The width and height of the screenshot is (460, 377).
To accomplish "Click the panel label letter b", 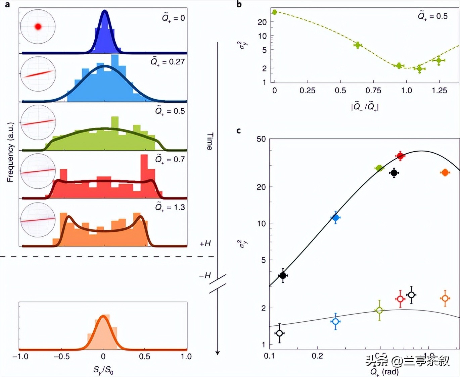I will pyautogui.click(x=239, y=4).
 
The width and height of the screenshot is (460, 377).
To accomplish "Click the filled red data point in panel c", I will pyautogui.click(x=400, y=156).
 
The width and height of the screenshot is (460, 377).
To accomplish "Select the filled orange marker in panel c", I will pyautogui.click(x=445, y=172).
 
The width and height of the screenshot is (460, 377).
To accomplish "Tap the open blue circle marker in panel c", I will pyautogui.click(x=335, y=321).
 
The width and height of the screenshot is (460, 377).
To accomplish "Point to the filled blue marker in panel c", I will pyautogui.click(x=335, y=218).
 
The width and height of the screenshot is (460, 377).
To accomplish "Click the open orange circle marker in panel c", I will pyautogui.click(x=445, y=298).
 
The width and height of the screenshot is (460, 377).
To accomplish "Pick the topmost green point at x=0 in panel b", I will pyautogui.click(x=275, y=12).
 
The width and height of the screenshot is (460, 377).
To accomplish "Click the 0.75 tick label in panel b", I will pyautogui.click(x=373, y=91).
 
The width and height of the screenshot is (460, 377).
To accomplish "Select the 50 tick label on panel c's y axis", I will pyautogui.click(x=261, y=139).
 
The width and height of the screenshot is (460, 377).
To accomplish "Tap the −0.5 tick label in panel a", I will pyautogui.click(x=61, y=357).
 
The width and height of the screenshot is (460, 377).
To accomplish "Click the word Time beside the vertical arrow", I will pyautogui.click(x=210, y=141).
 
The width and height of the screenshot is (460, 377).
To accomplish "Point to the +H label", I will pyautogui.click(x=205, y=244).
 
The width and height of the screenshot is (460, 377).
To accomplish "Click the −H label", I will pyautogui.click(x=205, y=276).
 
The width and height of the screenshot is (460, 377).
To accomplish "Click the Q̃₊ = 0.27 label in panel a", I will pyautogui.click(x=168, y=62).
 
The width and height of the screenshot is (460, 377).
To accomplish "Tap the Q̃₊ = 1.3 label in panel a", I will pyautogui.click(x=170, y=207).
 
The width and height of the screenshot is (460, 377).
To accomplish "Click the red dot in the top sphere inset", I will pyautogui.click(x=38, y=26).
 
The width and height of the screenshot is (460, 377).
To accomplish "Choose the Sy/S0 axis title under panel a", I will pyautogui.click(x=103, y=370).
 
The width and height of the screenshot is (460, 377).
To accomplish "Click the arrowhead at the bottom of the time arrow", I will pyautogui.click(x=218, y=353).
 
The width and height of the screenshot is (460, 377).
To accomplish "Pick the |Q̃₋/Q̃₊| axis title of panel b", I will pyautogui.click(x=365, y=107).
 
